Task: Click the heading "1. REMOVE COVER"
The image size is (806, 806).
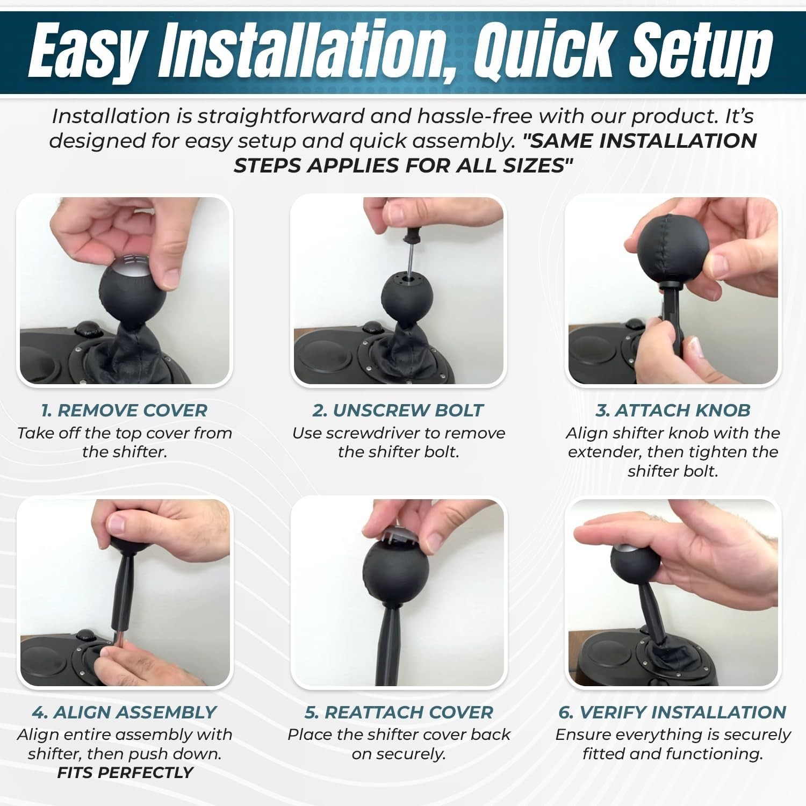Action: point(124,411)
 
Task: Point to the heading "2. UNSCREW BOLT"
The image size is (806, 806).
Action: point(398,411)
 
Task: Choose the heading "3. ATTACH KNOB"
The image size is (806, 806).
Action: point(673,411)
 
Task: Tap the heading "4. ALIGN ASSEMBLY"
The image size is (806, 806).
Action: point(124,713)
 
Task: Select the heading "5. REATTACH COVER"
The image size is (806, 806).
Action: point(399,713)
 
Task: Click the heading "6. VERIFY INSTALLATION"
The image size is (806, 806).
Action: point(672,713)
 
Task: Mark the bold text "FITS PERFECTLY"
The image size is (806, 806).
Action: point(125,773)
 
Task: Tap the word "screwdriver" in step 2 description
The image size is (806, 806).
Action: point(379,433)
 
